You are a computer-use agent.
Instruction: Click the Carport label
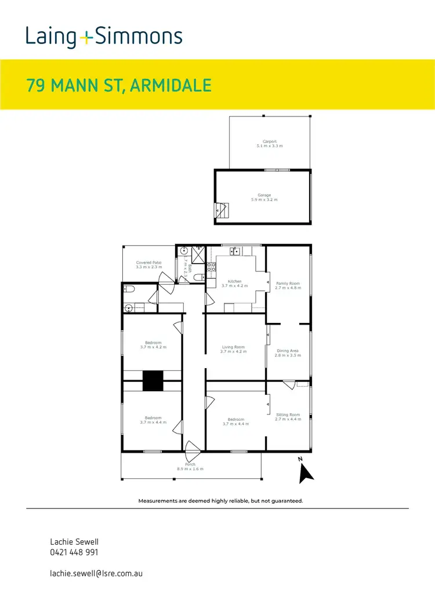(269, 141)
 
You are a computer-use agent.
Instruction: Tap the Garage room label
(264, 195)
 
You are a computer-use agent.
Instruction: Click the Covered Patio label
(148, 263)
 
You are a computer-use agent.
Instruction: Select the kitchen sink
(235, 251)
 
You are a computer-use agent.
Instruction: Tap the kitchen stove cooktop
(212, 267)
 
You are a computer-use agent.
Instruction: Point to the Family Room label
(288, 283)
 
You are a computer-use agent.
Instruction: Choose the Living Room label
(234, 348)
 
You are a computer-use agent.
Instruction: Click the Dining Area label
(288, 351)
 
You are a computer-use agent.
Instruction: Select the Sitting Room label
(288, 414)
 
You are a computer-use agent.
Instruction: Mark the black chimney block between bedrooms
(153, 381)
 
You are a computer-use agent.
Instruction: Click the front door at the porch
(192, 447)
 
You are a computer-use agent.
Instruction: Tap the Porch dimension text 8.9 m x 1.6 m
(190, 469)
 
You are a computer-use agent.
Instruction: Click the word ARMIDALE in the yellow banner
(171, 86)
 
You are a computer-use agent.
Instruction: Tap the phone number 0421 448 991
(74, 552)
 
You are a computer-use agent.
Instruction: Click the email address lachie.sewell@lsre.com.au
(96, 573)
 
